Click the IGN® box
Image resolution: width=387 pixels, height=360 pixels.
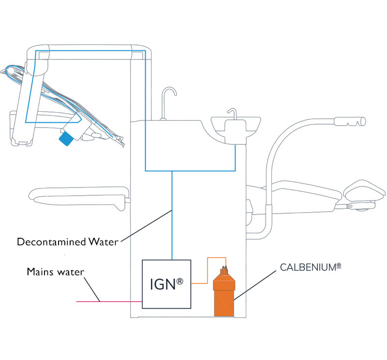click(166, 284)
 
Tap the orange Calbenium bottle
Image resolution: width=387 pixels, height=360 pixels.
click(224, 294)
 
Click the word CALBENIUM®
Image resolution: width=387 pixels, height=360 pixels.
click(308, 267)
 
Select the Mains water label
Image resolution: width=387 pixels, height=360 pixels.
click(55, 272)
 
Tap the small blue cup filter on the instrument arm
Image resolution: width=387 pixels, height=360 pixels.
click(66, 138)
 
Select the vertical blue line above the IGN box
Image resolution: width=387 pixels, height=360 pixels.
click(172, 217)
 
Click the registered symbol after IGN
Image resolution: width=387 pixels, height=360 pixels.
click(180, 279)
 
